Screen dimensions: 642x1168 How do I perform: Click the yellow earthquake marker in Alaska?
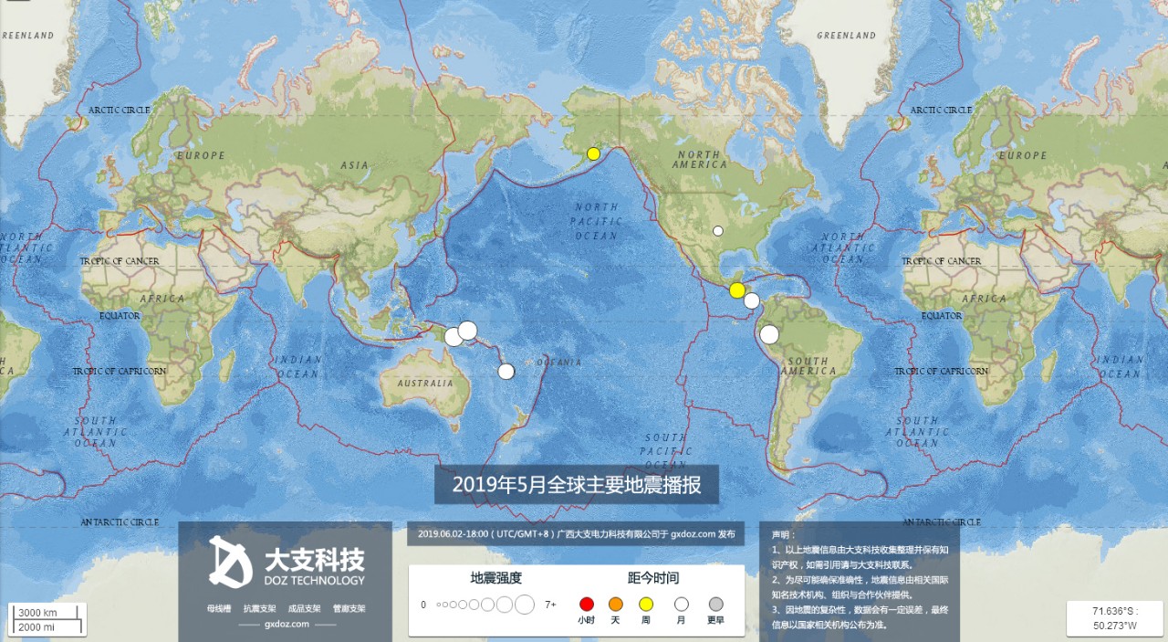click(593, 153)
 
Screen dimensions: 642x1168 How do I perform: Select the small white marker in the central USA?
click(718, 231)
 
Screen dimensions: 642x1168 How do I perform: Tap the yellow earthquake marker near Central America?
click(737, 290)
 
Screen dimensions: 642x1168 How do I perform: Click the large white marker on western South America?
click(769, 334)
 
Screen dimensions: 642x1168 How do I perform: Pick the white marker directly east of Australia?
click(506, 371)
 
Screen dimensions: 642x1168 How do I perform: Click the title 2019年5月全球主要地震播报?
click(577, 485)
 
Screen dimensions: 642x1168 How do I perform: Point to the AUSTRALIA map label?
click(425, 383)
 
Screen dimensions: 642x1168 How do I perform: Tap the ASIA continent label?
click(354, 165)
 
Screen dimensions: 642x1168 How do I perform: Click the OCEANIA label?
click(558, 363)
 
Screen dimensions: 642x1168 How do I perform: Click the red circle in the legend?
click(587, 604)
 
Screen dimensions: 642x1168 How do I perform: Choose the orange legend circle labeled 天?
click(616, 604)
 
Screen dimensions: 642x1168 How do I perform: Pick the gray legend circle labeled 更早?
click(716, 604)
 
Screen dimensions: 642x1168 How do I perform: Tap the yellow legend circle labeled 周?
click(646, 604)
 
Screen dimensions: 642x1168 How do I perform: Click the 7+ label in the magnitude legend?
click(550, 605)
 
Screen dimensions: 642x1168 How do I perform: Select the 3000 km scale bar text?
click(38, 612)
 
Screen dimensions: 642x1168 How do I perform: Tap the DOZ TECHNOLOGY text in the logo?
click(314, 580)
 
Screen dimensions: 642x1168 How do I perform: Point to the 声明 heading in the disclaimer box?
click(783, 534)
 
